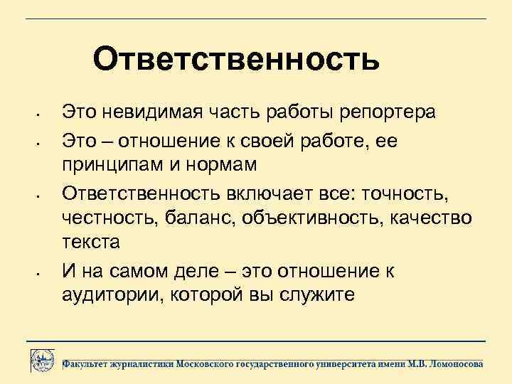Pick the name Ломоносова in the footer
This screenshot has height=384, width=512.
point(452,363)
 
